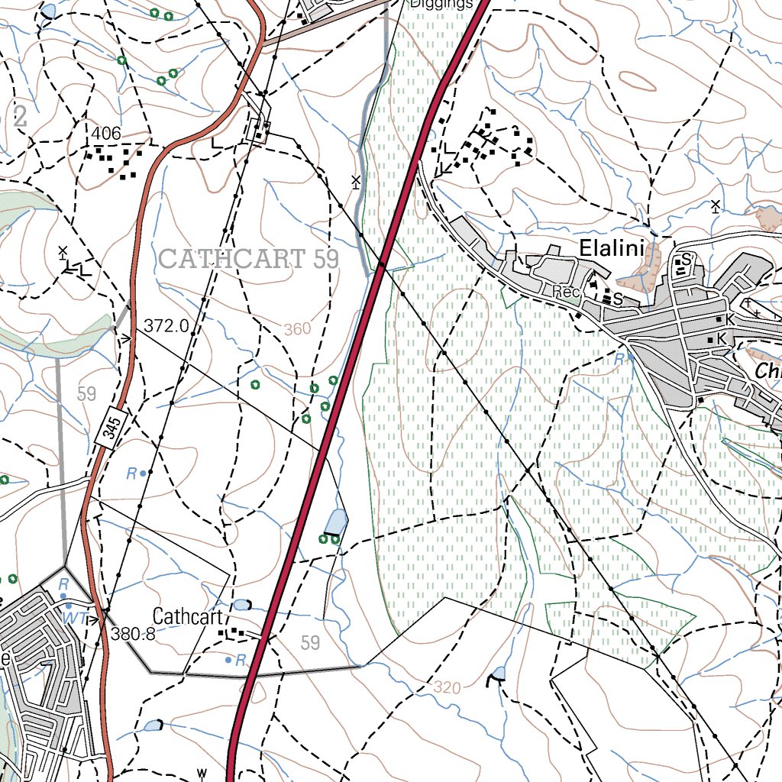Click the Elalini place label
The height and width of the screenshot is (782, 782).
click(612, 248)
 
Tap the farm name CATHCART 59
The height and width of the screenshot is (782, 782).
click(249, 258)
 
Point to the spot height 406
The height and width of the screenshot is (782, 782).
click(106, 134)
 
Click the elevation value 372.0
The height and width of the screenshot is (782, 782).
click(166, 326)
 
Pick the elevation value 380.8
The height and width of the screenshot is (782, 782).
click(133, 633)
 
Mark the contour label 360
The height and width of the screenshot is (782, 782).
click(297, 329)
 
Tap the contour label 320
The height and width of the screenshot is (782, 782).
click(447, 687)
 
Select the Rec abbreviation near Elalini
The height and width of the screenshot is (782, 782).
click(566, 292)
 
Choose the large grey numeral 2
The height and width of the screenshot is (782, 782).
click(19, 117)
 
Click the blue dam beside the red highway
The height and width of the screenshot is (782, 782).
click(336, 522)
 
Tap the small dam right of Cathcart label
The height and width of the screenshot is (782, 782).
click(241, 605)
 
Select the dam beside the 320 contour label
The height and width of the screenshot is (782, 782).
click(498, 674)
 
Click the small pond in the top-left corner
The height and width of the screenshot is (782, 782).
click(48, 10)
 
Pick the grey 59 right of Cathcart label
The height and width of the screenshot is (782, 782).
click(310, 642)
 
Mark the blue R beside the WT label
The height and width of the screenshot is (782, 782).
click(64, 584)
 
